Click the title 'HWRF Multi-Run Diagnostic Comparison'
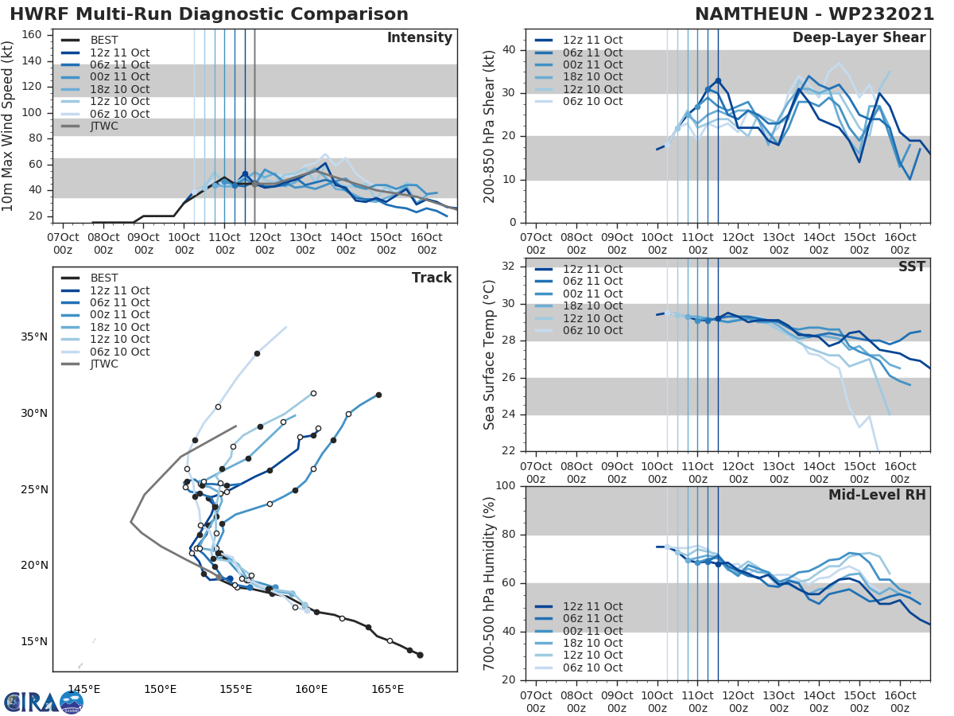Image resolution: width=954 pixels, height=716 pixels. (209, 14)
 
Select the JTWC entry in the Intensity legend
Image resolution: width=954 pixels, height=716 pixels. (104, 126)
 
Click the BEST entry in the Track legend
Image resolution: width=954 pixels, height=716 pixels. (104, 278)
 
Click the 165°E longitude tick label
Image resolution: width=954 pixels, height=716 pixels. (387, 689)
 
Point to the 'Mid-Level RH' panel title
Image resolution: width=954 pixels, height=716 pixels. (876, 496)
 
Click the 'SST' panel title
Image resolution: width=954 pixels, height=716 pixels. (911, 267)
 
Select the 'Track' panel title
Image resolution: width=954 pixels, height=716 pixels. (431, 278)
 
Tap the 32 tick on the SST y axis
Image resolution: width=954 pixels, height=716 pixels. (508, 267)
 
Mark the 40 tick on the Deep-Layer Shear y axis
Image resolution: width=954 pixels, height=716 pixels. (508, 50)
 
